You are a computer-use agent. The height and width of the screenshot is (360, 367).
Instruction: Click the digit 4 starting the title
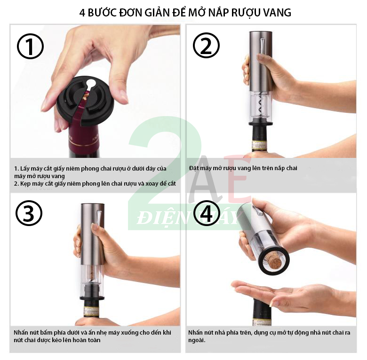pyautogui.click(x=82, y=13)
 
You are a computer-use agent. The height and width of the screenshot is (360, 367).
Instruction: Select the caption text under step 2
pyautogui.click(x=243, y=168)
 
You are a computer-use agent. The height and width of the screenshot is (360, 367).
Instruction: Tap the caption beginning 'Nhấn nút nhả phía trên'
pyautogui.click(x=269, y=336)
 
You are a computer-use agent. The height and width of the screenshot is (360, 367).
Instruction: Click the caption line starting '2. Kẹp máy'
pyautogui.click(x=95, y=184)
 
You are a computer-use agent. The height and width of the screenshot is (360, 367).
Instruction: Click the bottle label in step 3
pyautogui.click(x=91, y=311)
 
